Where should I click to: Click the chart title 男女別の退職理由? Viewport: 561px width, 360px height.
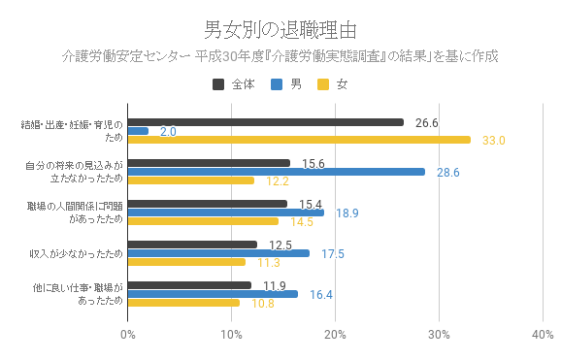pyautogui.click(x=280, y=29)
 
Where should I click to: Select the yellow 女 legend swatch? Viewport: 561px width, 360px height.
pyautogui.click(x=323, y=84)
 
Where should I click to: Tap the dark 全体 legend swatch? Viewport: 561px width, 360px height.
pyautogui.click(x=218, y=84)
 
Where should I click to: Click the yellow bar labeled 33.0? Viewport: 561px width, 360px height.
pyautogui.click(x=299, y=140)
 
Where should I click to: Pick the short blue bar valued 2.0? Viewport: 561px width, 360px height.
pyautogui.click(x=138, y=131)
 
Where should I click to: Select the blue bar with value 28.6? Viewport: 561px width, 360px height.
pyautogui.click(x=276, y=172)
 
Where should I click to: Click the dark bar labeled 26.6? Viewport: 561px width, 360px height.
pyautogui.click(x=265, y=122)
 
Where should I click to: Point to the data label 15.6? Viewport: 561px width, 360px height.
pyautogui.click(x=313, y=163)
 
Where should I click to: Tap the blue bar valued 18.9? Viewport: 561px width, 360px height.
pyautogui.click(x=225, y=213)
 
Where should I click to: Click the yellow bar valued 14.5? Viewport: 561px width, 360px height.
pyautogui.click(x=203, y=221)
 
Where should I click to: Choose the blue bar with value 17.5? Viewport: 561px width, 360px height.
pyautogui.click(x=218, y=253)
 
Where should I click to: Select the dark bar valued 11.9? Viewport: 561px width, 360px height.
pyautogui.click(x=189, y=285)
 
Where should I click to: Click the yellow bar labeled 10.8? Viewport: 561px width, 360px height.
pyautogui.click(x=183, y=303)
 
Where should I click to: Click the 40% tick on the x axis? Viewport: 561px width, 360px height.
pyautogui.click(x=542, y=335)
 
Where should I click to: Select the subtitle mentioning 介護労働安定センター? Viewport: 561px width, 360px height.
pyautogui.click(x=280, y=56)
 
